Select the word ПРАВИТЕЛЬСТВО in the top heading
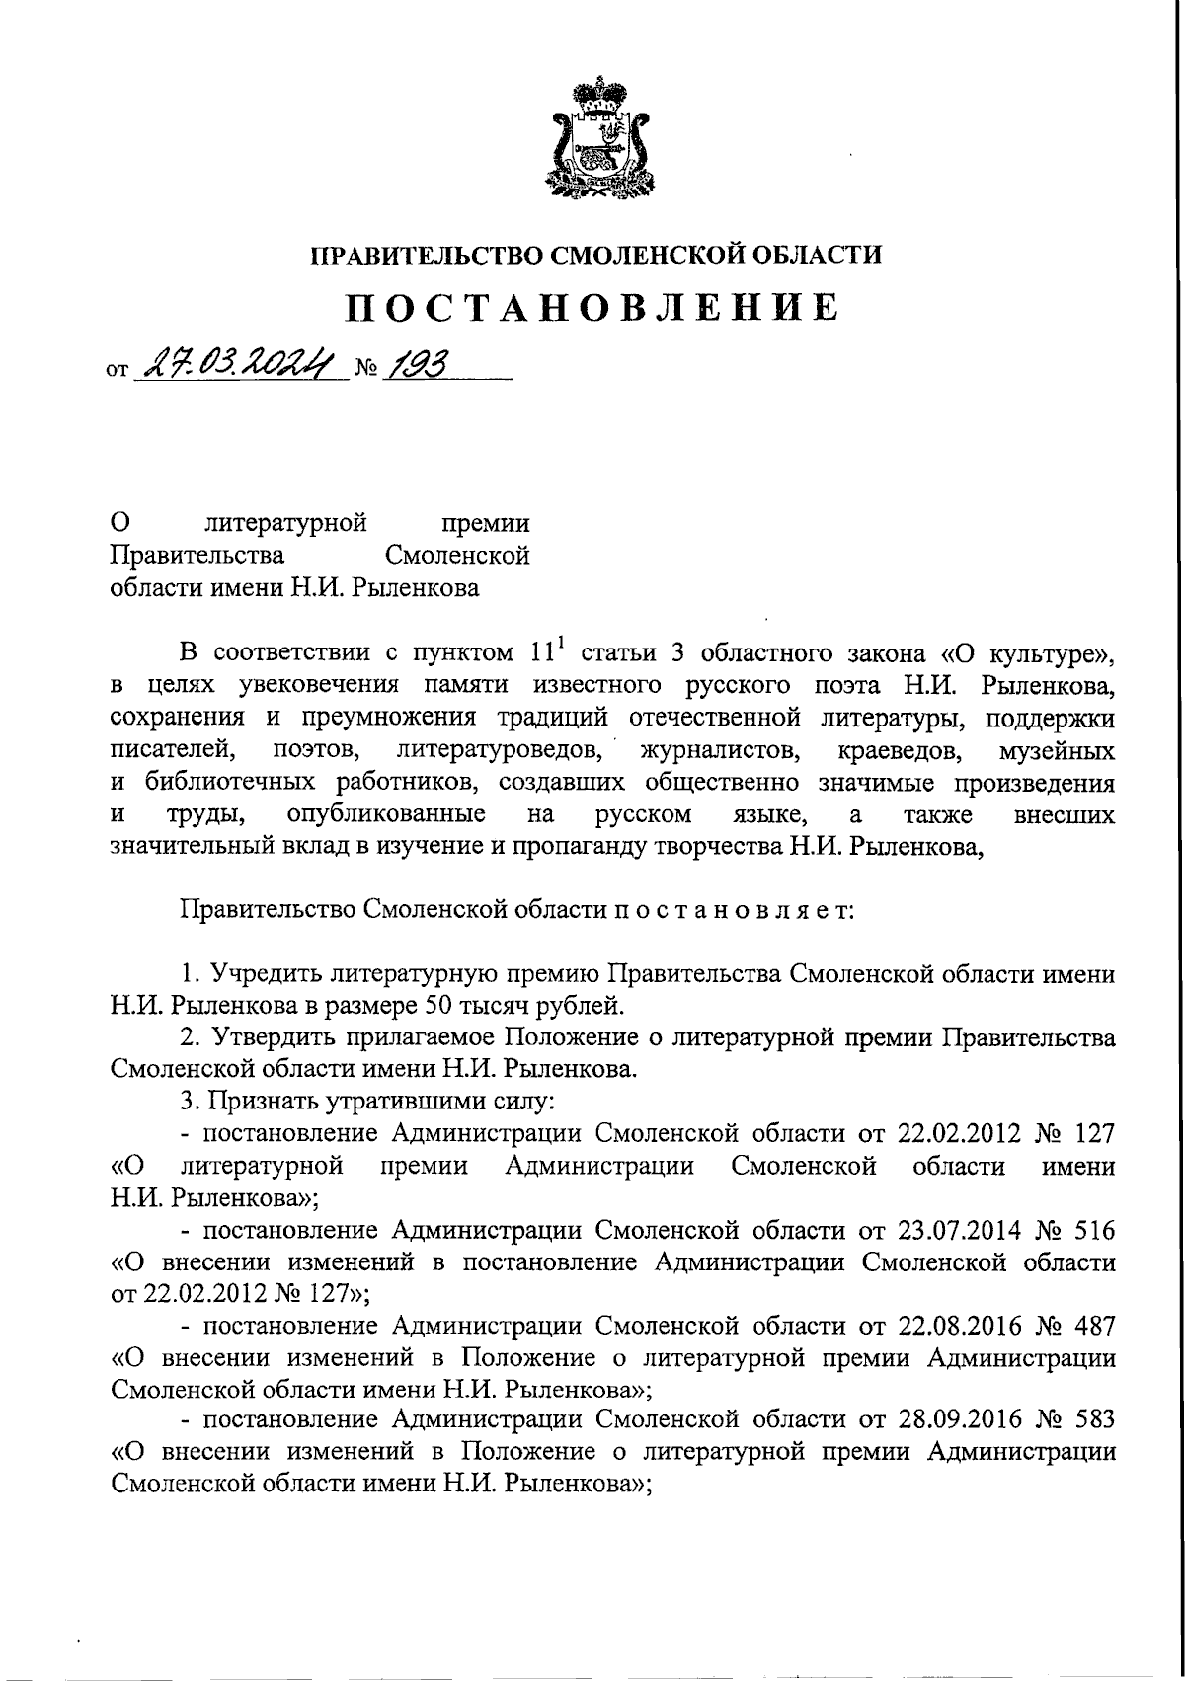[x=425, y=255]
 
